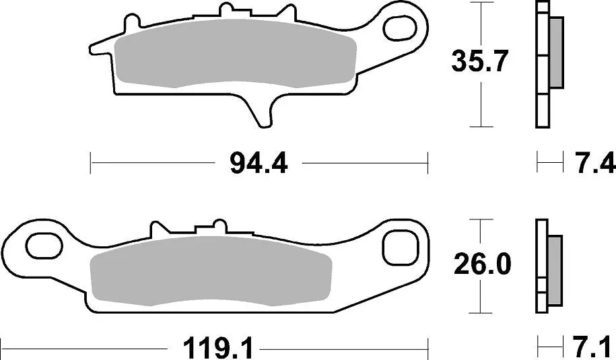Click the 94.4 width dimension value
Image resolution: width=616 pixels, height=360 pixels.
pos(259,163)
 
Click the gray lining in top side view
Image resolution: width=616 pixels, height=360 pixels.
pos(556,52)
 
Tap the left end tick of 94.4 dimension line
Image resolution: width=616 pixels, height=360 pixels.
pos(91,163)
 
